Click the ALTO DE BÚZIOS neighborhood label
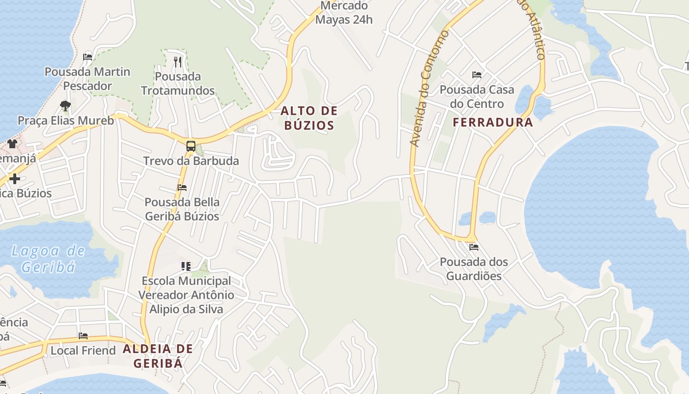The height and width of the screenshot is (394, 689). coord(309,118)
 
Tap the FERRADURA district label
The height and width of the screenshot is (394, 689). coord(493,123)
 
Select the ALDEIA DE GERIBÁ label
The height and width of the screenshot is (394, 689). coord(157,356)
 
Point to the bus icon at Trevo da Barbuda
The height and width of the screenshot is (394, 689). coord(190,146)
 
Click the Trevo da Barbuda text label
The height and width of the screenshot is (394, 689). coord(191,161)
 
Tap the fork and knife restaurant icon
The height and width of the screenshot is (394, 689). coord(178,62)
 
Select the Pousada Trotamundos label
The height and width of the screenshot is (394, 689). coord(178,83)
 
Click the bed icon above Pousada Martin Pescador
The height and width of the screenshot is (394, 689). coord(88,57)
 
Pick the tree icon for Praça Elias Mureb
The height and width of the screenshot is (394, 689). coord(65,105)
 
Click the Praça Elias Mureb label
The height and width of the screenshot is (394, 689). coord(65,121)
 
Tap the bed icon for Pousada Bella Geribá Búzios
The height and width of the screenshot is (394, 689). coord(182,188)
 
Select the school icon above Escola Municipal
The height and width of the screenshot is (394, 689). coord(186,266)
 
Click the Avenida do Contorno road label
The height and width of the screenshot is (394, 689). coord(430,89)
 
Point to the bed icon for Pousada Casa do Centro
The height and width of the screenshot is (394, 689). coord(476,75)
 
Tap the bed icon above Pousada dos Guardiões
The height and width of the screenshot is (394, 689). coord(473,247)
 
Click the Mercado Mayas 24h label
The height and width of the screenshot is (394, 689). coord(344,13)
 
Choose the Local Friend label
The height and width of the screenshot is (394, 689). coord(83,351)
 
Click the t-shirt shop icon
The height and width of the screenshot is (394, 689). coord(12,144)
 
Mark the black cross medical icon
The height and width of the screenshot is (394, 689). coord(15,179)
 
